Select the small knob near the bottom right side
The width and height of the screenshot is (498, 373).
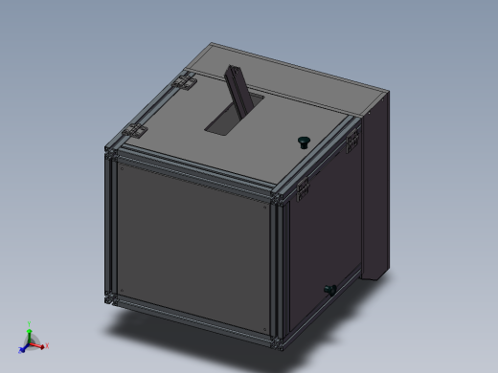point(329,289)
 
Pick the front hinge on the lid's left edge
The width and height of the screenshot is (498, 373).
point(133,131)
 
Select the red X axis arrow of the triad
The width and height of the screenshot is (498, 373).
point(40,344)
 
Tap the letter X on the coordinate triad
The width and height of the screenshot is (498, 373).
point(47,345)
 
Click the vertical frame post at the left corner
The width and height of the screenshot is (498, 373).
point(109,225)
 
